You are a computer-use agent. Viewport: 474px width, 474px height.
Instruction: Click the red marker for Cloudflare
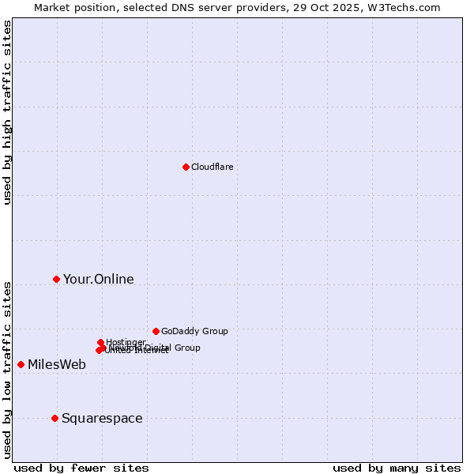click(186, 167)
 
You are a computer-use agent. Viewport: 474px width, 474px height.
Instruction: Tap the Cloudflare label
click(212, 167)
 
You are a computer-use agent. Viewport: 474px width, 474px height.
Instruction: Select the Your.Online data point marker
click(56, 279)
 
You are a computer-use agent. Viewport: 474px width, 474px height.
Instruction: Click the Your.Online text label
click(98, 279)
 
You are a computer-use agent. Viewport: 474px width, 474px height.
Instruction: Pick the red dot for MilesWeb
click(21, 364)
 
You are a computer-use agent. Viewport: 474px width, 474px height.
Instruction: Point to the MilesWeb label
click(56, 364)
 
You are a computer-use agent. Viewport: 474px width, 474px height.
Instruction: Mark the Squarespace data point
click(55, 418)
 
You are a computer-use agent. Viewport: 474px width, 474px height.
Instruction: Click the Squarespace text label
click(102, 418)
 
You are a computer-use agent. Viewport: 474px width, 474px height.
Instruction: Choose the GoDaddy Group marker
click(156, 331)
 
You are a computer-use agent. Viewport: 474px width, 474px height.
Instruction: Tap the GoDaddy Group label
click(194, 331)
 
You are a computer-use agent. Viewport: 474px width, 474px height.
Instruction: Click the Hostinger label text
click(126, 342)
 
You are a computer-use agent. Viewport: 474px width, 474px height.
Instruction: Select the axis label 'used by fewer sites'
click(81, 468)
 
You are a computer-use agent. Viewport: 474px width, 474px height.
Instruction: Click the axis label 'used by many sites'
click(397, 468)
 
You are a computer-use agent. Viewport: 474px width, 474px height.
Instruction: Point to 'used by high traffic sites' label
click(7, 112)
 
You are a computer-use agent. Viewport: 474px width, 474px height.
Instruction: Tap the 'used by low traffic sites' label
click(7, 370)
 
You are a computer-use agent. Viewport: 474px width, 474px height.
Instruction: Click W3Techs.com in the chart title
click(407, 7)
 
